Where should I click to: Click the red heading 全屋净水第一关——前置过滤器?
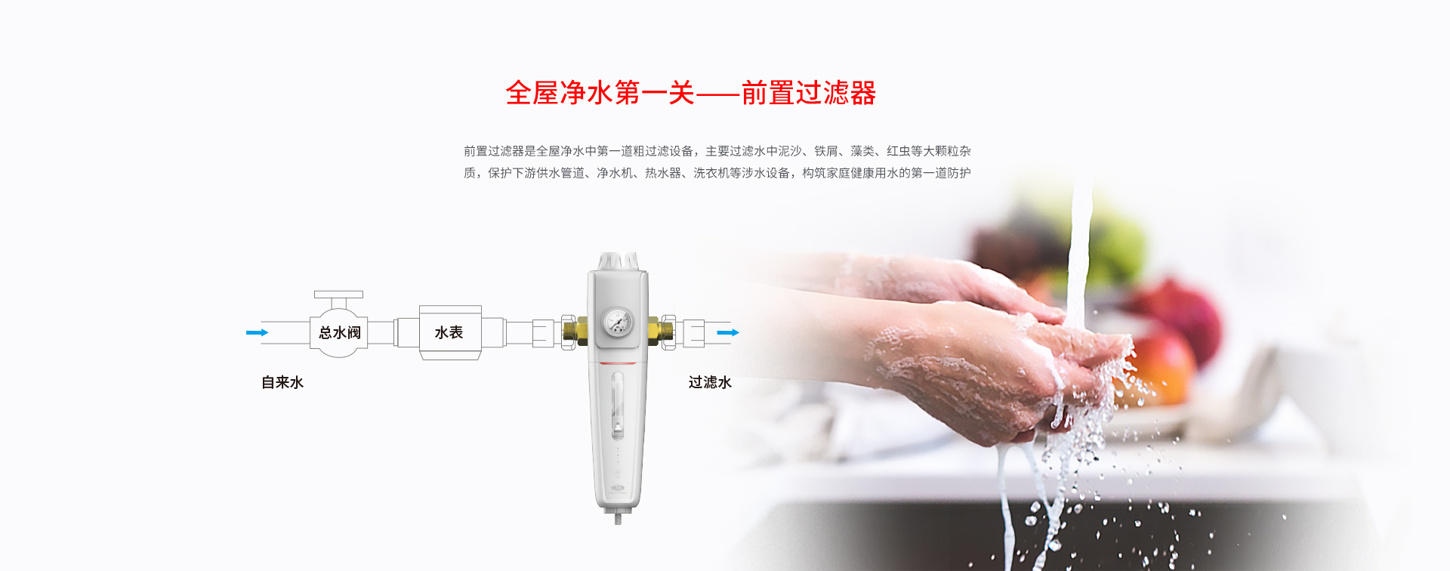[x=690, y=93]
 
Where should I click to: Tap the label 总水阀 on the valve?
[x=340, y=332]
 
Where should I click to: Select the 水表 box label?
[x=449, y=332]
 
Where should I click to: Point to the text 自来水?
[x=282, y=382]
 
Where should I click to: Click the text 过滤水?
[x=710, y=382]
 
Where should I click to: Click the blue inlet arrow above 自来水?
[x=257, y=332]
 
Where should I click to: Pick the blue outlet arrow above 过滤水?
[x=728, y=332]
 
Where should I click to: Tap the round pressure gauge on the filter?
[x=618, y=323]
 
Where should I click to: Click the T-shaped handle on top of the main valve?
[x=338, y=299]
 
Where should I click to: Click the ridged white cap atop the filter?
[x=618, y=261]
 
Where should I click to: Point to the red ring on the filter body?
[x=618, y=363]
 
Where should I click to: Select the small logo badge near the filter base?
[x=618, y=489]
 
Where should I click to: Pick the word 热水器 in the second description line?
[x=663, y=173]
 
